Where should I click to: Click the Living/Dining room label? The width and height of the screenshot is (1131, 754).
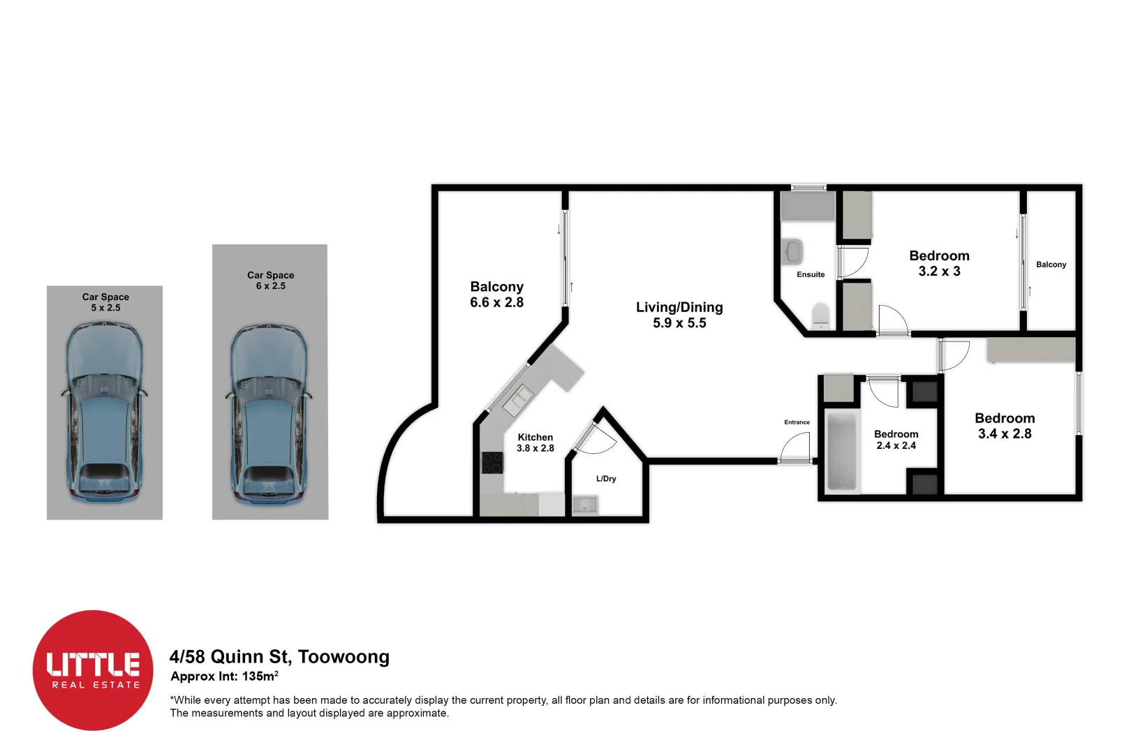click(679, 307)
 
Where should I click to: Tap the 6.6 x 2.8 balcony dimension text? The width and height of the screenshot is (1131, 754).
click(496, 303)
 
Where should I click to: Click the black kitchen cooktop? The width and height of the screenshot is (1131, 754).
click(492, 463)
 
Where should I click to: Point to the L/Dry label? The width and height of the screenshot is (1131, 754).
click(606, 479)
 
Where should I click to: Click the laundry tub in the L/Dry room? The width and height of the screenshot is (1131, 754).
click(584, 505)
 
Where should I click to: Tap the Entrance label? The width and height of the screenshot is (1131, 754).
click(797, 422)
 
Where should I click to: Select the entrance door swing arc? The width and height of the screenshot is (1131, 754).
click(796, 445)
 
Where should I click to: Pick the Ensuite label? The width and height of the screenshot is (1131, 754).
click(811, 274)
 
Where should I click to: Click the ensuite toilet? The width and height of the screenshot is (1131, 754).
click(820, 315)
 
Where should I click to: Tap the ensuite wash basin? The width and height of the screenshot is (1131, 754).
click(793, 251)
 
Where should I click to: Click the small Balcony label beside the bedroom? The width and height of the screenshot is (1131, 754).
click(1051, 265)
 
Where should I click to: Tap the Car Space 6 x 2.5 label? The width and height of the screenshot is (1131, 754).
click(270, 280)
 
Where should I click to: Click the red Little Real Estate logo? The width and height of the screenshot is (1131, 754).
click(93, 670)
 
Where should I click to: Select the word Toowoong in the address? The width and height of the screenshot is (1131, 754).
click(343, 657)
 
